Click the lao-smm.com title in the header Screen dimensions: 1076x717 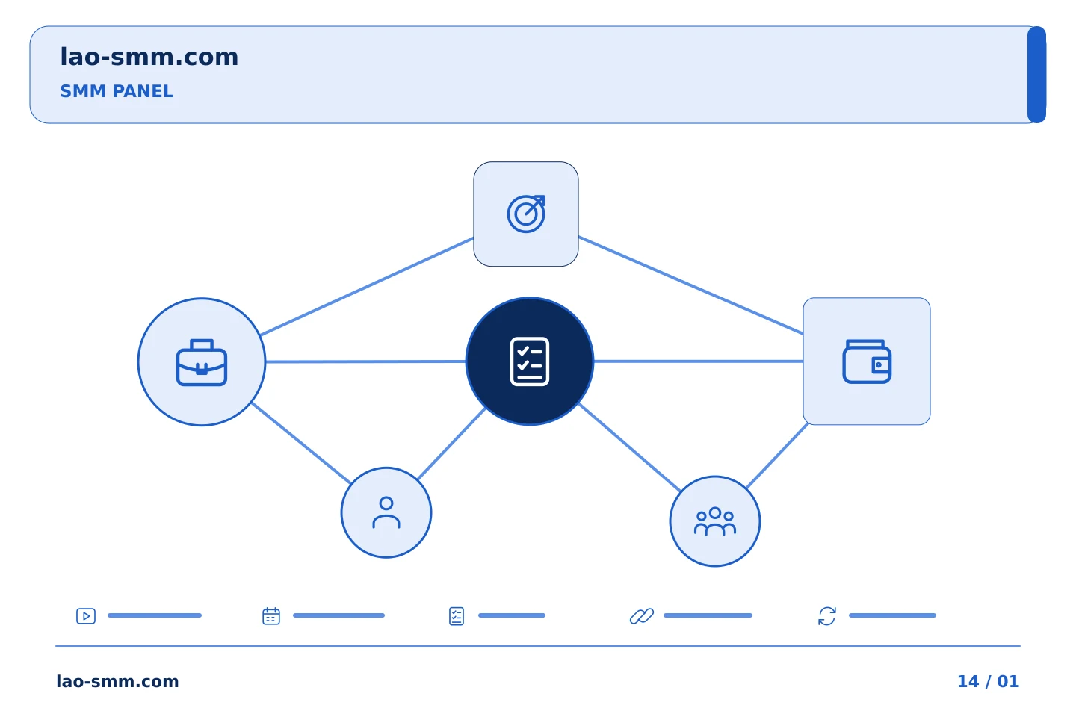click(149, 57)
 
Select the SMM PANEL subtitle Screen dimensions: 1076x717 click(117, 91)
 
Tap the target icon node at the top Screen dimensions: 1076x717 click(526, 214)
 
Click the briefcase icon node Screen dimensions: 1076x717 click(202, 362)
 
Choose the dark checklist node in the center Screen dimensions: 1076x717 click(530, 361)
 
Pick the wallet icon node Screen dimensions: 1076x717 click(867, 361)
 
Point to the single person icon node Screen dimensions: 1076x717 click(386, 513)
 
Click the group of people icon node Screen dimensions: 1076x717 click(715, 521)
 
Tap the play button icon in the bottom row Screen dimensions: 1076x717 click(86, 616)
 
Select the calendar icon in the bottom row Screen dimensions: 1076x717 click(271, 616)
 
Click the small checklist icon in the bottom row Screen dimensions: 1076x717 click(457, 616)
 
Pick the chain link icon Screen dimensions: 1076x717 click(642, 616)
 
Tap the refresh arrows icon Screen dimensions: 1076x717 click(827, 616)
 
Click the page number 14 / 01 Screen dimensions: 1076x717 click(988, 681)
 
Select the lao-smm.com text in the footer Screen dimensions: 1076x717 click(118, 681)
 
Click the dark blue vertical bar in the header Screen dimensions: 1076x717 click(1036, 75)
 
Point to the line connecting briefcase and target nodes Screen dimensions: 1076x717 click(367, 286)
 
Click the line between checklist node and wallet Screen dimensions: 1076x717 click(699, 361)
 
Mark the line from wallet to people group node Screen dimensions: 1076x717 click(778, 456)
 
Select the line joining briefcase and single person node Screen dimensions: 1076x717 click(301, 443)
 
